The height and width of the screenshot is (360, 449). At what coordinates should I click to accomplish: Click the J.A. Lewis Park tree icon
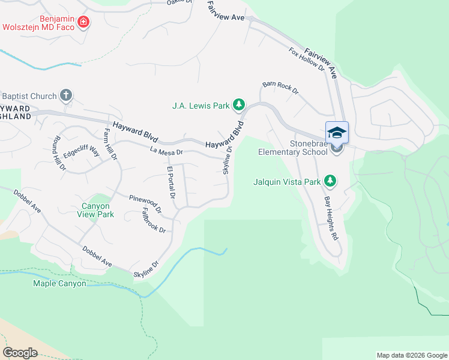click(x=239, y=106)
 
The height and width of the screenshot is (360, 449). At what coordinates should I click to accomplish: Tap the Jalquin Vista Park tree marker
click(x=330, y=180)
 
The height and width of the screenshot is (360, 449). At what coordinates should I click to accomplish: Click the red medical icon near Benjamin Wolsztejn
click(x=83, y=23)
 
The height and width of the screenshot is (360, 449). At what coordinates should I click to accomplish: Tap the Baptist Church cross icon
click(x=66, y=95)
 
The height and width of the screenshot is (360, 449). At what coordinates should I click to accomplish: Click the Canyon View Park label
click(x=97, y=210)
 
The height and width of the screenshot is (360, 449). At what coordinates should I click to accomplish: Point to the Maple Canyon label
click(x=59, y=283)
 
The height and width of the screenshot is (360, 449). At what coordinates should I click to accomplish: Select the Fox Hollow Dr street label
click(x=306, y=60)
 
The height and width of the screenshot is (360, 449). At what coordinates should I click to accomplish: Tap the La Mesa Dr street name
click(x=166, y=152)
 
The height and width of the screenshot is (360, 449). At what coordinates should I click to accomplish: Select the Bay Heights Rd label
click(x=331, y=218)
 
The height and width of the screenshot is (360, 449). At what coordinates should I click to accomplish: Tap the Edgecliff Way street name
click(x=82, y=148)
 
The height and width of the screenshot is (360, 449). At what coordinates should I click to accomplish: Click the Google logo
click(x=20, y=353)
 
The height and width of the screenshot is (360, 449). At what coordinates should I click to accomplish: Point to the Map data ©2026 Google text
click(x=411, y=355)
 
